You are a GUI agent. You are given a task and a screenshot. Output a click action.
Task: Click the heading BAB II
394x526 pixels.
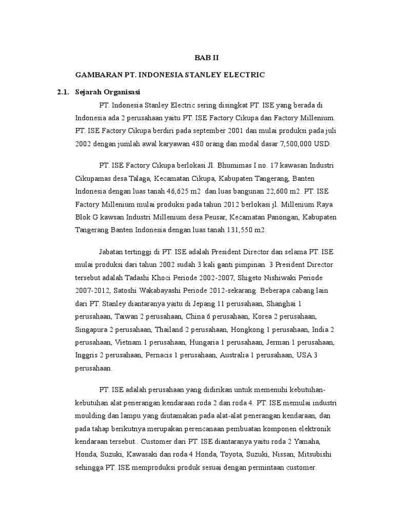(x=209, y=58)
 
